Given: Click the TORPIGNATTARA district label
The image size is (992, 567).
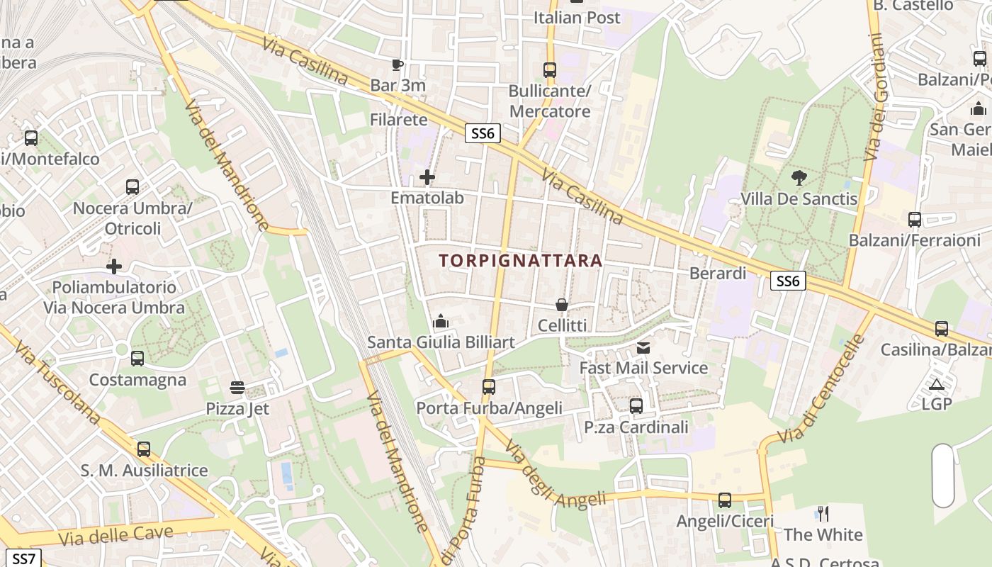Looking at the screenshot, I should (x=520, y=261).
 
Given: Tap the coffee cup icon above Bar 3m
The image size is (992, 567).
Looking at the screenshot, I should (x=398, y=65).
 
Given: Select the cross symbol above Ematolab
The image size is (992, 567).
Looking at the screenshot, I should (x=427, y=177).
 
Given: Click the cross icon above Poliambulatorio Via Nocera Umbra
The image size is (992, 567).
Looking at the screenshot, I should (x=114, y=266).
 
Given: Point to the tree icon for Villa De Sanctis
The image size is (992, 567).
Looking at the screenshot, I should (x=799, y=178).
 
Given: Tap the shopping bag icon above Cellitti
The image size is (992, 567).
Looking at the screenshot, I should (x=562, y=305).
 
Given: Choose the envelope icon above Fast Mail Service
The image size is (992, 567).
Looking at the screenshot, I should (x=643, y=347).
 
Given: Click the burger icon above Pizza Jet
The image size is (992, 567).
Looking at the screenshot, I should (x=237, y=388).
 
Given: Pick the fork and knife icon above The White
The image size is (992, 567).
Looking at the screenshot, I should (x=823, y=513).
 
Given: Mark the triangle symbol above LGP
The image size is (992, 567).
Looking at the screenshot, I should (x=937, y=384).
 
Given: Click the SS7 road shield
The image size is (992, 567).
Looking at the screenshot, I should (x=23, y=558).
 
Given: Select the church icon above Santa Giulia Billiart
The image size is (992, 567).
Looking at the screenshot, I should (x=441, y=322).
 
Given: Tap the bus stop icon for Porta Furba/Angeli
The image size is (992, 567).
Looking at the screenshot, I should (x=488, y=387).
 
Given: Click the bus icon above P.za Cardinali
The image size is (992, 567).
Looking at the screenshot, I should (x=636, y=406).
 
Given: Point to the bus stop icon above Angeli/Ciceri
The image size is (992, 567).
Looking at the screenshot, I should (x=724, y=500).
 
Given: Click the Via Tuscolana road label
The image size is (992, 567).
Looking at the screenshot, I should (x=57, y=383).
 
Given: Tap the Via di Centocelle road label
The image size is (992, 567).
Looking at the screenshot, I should (x=821, y=389).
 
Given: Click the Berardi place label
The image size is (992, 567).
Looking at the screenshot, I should (x=718, y=273).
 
